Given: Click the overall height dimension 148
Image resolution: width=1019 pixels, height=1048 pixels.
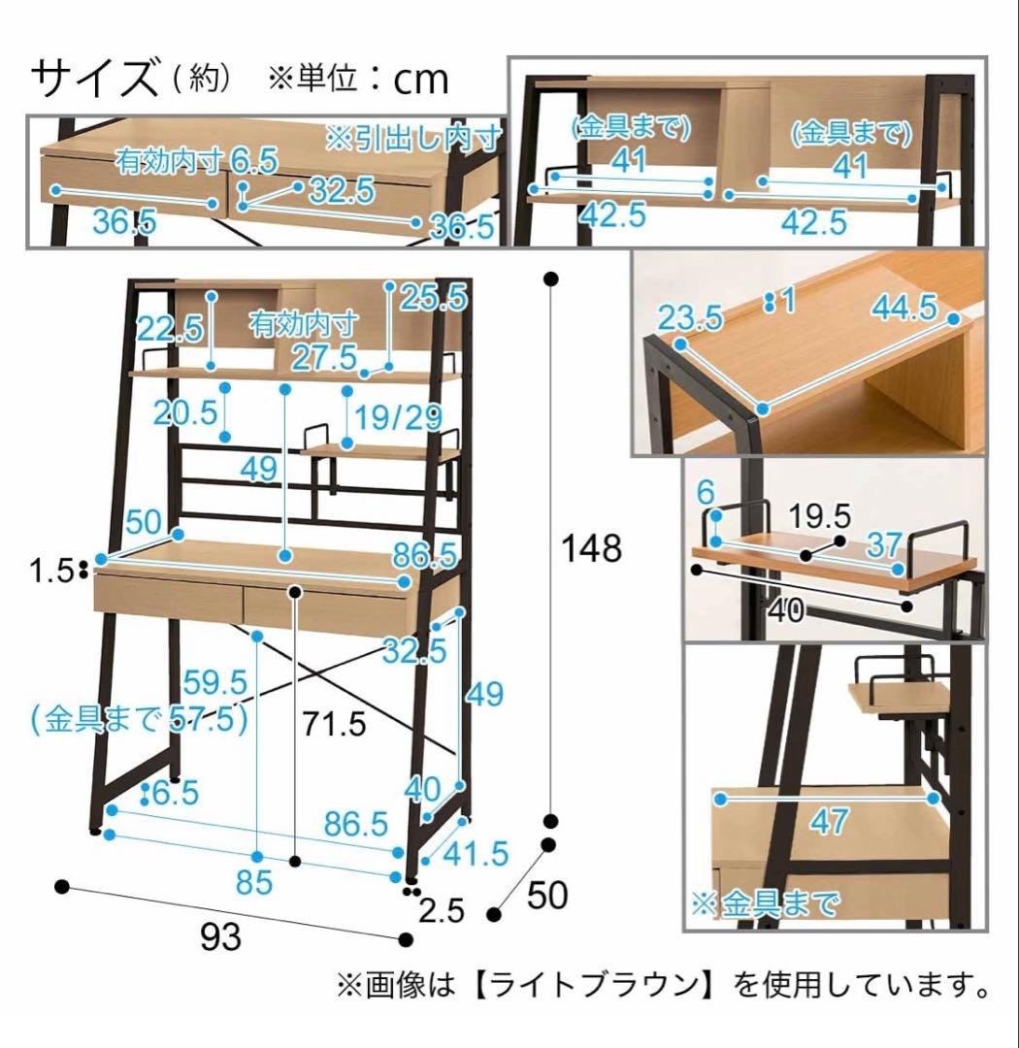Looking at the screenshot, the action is [x=591, y=547].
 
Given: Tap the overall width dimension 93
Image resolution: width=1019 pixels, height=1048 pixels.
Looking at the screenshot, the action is [x=220, y=937].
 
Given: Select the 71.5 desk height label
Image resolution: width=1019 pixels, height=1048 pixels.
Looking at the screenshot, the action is [x=334, y=724].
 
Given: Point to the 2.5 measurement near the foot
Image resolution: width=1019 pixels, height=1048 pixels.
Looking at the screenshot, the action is [x=442, y=910].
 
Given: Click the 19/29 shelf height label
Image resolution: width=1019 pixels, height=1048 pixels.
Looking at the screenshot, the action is [x=398, y=417].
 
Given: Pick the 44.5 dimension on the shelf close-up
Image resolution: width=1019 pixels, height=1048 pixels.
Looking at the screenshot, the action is [x=904, y=308].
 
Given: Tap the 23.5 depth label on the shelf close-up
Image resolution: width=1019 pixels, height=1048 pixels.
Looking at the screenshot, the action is [x=690, y=316].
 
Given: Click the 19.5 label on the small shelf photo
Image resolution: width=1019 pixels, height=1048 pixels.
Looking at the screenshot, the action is [x=819, y=516].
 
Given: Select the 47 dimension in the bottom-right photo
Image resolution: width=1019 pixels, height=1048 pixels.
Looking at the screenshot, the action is [x=829, y=822].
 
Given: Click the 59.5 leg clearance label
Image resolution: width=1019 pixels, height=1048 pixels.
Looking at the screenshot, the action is [x=215, y=682].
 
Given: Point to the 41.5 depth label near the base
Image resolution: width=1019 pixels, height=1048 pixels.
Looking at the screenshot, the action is [x=476, y=854].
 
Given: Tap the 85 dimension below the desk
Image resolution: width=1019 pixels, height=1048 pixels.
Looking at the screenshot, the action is [x=254, y=882].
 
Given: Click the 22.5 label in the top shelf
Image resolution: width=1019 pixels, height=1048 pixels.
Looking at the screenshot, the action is [x=170, y=328].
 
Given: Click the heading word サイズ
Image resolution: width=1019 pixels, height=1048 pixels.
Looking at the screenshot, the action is [x=94, y=78].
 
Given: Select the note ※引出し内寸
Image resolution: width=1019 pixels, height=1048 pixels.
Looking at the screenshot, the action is [x=413, y=139].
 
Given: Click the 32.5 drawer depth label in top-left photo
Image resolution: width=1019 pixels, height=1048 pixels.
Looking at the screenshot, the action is [x=342, y=190].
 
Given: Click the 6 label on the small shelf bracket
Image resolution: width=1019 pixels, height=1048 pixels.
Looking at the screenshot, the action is [x=707, y=493].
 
